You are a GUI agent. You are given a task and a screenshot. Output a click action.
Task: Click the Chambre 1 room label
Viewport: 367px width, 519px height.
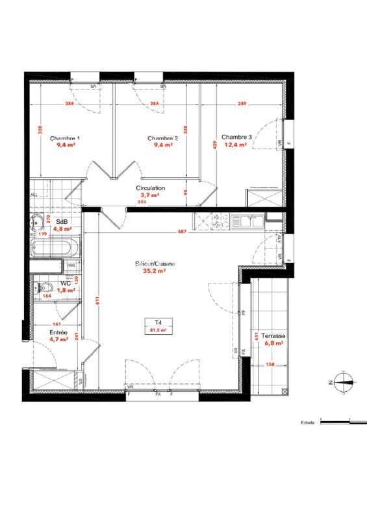coord(65,138)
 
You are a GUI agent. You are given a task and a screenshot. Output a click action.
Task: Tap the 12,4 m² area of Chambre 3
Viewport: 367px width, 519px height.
coord(234,145)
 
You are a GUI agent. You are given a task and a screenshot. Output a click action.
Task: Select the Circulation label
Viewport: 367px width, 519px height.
coord(150,188)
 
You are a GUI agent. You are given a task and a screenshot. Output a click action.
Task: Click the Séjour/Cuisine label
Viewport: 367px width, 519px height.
coord(155,265)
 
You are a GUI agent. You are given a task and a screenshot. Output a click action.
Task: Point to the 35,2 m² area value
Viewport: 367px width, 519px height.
coord(155,272)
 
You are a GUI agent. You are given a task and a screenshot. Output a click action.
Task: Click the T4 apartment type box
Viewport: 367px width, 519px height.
coord(158,326)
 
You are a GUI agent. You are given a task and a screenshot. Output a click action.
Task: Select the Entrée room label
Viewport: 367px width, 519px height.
coord(59,332)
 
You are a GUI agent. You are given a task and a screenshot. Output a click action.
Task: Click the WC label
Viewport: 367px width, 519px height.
coord(66,283)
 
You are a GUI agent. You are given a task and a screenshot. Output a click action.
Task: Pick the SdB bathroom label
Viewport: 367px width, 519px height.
coord(62,221)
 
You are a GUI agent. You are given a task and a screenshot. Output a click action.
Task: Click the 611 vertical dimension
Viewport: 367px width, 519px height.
coord(97,301)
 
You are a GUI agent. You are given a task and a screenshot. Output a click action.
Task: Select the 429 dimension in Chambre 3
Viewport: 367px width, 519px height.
coord(214,146)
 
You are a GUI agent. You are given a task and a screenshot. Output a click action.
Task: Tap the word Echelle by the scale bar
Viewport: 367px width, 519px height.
coord(308,422)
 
